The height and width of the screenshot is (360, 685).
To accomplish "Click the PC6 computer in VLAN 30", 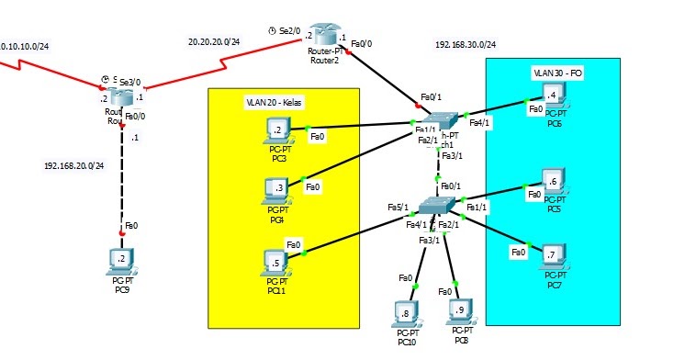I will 553,96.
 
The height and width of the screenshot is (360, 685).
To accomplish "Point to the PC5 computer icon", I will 553,181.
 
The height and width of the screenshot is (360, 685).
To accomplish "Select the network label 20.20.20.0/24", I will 213,41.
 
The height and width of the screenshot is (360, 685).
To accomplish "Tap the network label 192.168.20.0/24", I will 74,166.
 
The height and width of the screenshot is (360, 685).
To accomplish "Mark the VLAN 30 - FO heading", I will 557,72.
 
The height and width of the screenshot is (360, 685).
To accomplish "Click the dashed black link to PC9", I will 122,184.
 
